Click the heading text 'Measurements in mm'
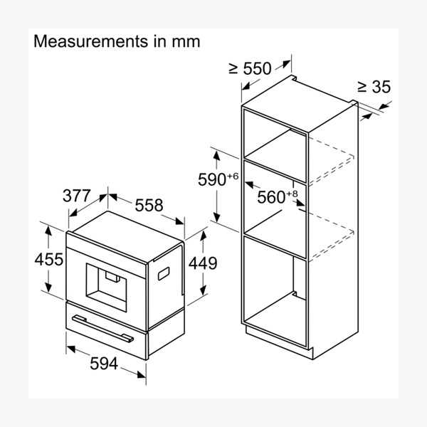[117, 41]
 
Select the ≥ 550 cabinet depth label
[250, 68]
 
